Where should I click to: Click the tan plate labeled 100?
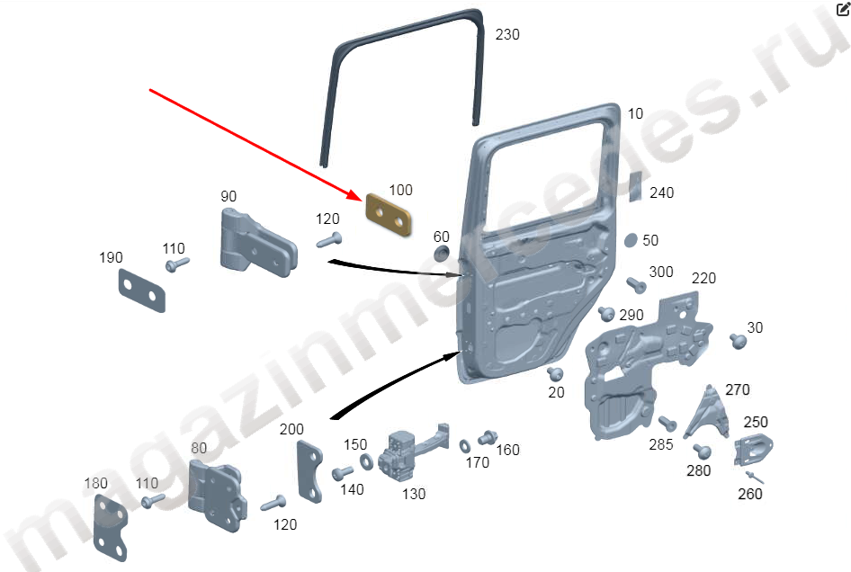tap(388, 214)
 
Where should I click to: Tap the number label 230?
tap(507, 35)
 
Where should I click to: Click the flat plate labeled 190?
tap(141, 290)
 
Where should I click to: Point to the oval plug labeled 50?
tap(630, 240)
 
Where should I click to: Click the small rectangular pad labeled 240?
tap(635, 187)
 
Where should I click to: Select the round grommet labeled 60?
tap(442, 253)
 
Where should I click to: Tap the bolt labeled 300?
tap(635, 285)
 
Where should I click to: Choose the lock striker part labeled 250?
tap(753, 451)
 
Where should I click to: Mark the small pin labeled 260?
tap(755, 477)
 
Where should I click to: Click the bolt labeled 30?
tap(738, 341)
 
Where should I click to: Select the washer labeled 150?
tap(366, 462)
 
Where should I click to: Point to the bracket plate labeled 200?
tap(309, 471)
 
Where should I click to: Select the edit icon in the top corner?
tap(843, 8)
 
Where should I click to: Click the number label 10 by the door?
tap(635, 114)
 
